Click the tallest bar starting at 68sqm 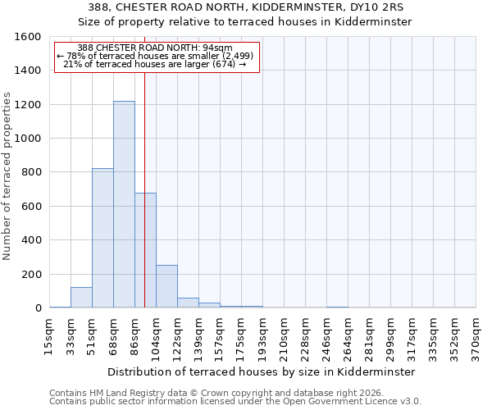(x=124, y=205)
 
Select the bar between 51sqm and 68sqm (x=102, y=238)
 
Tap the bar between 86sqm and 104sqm (x=145, y=250)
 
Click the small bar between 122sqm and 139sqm (x=188, y=303)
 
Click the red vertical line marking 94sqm (x=144, y=164)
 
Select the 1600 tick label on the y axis (x=27, y=37)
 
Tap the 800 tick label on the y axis (x=30, y=172)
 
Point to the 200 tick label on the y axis (x=30, y=274)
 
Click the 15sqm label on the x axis (x=49, y=336)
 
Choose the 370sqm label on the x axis (x=476, y=336)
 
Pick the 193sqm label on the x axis (x=262, y=336)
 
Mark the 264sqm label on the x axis (x=348, y=336)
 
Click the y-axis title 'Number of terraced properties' (x=7, y=176)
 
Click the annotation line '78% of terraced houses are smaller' (x=156, y=56)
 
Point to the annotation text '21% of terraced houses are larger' (x=156, y=65)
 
